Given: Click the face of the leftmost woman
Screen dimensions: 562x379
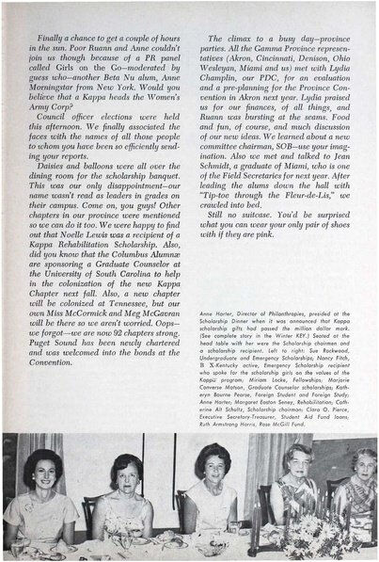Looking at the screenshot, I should point(42,468).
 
